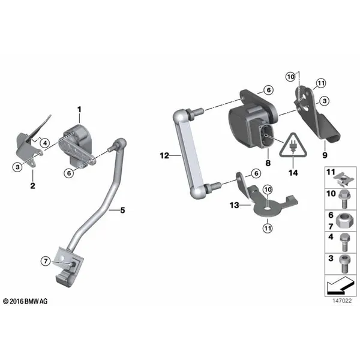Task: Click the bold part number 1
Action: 79,110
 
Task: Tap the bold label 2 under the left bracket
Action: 33,185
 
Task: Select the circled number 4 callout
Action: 45,143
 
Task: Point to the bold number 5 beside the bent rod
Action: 122,210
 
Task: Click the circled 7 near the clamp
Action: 46,261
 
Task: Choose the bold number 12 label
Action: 164,155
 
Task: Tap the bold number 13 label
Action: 235,205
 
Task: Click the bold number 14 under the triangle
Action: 293,173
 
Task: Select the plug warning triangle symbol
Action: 293,145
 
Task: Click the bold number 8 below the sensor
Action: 268,163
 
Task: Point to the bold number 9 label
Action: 325,155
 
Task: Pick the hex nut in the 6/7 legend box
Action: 344,221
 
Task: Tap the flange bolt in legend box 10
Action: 344,199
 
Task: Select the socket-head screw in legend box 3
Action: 344,264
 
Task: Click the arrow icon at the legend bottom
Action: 340,286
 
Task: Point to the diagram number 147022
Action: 342,301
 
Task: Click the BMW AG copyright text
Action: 25,301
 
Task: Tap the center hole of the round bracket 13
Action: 268,209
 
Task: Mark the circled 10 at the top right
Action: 290,77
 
